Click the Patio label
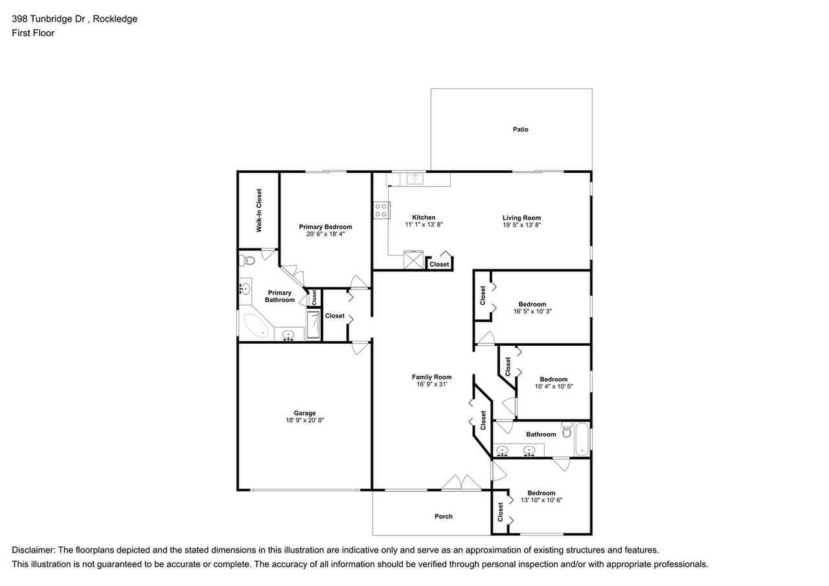click(x=520, y=130)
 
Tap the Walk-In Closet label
click(x=259, y=210)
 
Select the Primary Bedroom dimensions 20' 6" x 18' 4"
click(x=325, y=234)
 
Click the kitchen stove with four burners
click(x=381, y=209)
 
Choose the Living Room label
click(x=521, y=218)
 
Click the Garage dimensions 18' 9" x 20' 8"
click(x=304, y=420)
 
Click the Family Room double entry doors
click(x=461, y=483)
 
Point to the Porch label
click(x=444, y=516)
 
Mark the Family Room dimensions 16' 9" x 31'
click(x=432, y=384)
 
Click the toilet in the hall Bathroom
click(x=567, y=430)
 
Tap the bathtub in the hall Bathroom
click(x=582, y=439)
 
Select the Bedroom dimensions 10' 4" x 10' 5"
click(x=554, y=387)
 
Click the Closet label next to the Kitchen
click(x=439, y=264)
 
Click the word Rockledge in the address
click(x=115, y=19)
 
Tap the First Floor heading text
click(x=33, y=33)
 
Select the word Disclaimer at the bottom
click(x=32, y=550)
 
